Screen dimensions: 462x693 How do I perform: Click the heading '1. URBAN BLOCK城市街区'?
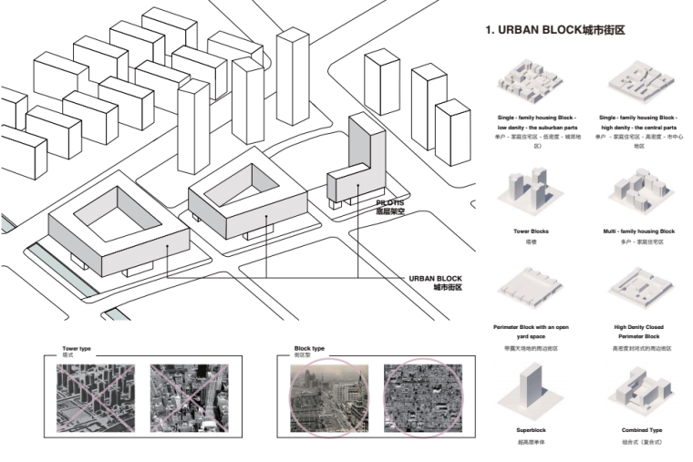[x=554, y=30]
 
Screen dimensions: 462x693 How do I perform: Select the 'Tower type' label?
[x=77, y=349]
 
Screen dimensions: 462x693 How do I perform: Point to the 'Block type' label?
[x=309, y=349]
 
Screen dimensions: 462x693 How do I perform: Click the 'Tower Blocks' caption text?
[x=531, y=231]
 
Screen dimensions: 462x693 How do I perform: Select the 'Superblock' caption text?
[x=531, y=430]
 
